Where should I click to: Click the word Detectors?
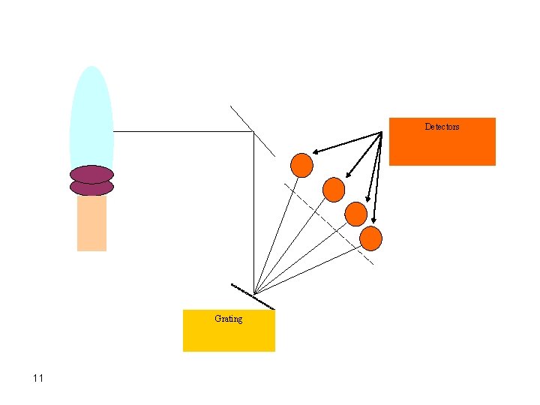tap(442, 127)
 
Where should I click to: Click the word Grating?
tap(228, 319)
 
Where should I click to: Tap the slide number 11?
tap(38, 378)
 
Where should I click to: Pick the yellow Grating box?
tap(229, 337)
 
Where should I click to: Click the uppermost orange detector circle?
tap(301, 165)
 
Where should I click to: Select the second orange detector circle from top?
tap(333, 189)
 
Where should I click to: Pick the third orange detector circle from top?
tap(355, 214)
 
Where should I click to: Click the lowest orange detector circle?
tap(371, 238)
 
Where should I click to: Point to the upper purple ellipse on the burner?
tap(91, 174)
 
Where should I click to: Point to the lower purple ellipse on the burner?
tap(91, 187)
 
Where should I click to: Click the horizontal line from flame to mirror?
tap(180, 131)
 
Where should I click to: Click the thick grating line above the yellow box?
tap(253, 296)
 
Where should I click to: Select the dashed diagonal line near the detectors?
tap(330, 222)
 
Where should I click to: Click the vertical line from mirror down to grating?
tap(254, 217)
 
